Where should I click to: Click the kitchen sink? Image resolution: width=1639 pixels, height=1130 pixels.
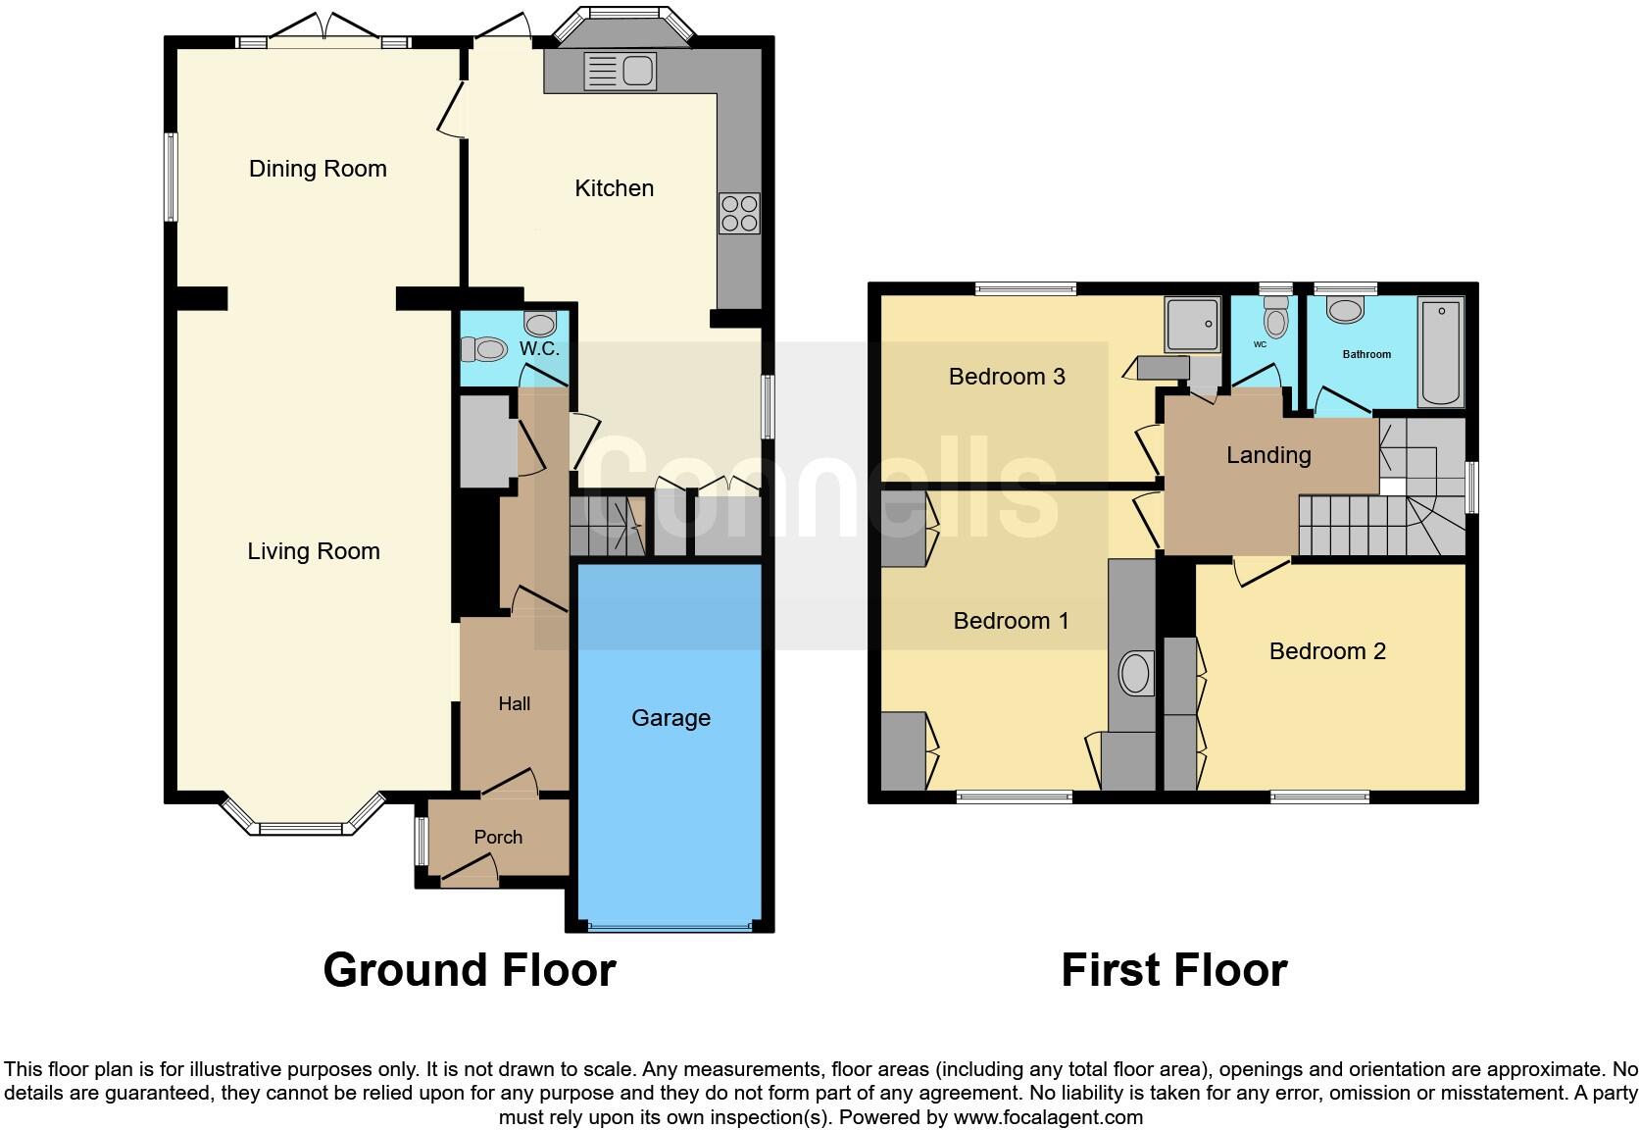click(x=620, y=71)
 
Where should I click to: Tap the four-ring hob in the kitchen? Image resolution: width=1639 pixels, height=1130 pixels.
click(x=739, y=213)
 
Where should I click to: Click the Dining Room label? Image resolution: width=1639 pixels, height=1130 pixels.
click(x=318, y=169)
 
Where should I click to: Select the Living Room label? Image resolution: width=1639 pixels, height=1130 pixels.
click(x=313, y=550)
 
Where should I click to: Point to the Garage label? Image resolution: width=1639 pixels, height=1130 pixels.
click(x=670, y=718)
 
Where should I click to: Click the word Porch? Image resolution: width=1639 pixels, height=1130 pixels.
click(x=498, y=837)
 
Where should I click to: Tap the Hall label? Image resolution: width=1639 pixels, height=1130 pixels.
click(x=515, y=703)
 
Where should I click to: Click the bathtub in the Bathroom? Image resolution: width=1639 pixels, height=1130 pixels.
click(x=1441, y=351)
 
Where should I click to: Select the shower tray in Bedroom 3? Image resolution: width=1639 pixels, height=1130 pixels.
click(x=1193, y=324)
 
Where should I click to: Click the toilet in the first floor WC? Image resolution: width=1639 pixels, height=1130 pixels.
click(x=1276, y=317)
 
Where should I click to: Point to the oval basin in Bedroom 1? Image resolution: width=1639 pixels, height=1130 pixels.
click(x=1135, y=673)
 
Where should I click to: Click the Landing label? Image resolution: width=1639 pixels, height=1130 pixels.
click(x=1268, y=455)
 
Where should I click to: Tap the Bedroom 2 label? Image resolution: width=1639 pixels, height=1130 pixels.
click(x=1327, y=651)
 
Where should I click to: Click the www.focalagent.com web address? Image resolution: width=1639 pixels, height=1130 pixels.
click(x=1048, y=1117)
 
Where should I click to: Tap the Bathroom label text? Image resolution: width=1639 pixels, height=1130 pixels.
click(x=1366, y=354)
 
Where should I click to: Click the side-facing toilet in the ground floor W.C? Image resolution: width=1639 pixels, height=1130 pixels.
click(x=483, y=348)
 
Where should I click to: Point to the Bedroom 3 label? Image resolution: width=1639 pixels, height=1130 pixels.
click(x=1007, y=377)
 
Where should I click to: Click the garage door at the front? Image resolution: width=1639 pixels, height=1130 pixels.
click(x=670, y=928)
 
